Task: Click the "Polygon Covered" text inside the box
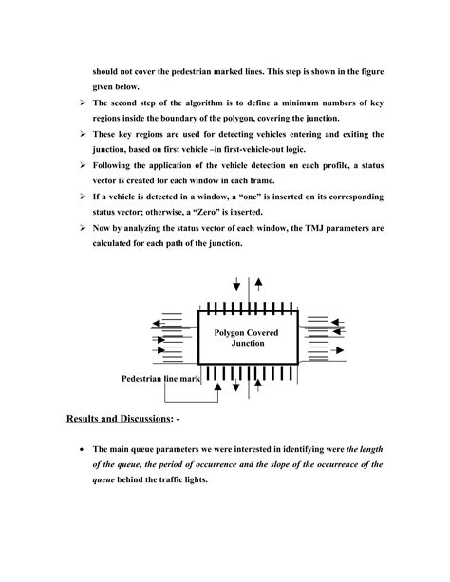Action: click(246, 333)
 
